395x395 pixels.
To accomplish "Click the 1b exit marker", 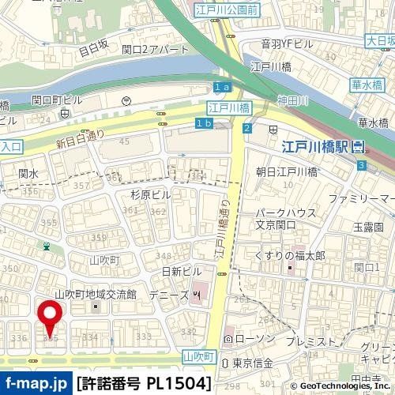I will [204, 123].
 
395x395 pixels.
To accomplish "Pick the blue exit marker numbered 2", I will [247, 128].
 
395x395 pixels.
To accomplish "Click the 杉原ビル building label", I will [150, 194].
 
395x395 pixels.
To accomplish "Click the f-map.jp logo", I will [36, 383].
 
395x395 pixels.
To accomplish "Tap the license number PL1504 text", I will [144, 383].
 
